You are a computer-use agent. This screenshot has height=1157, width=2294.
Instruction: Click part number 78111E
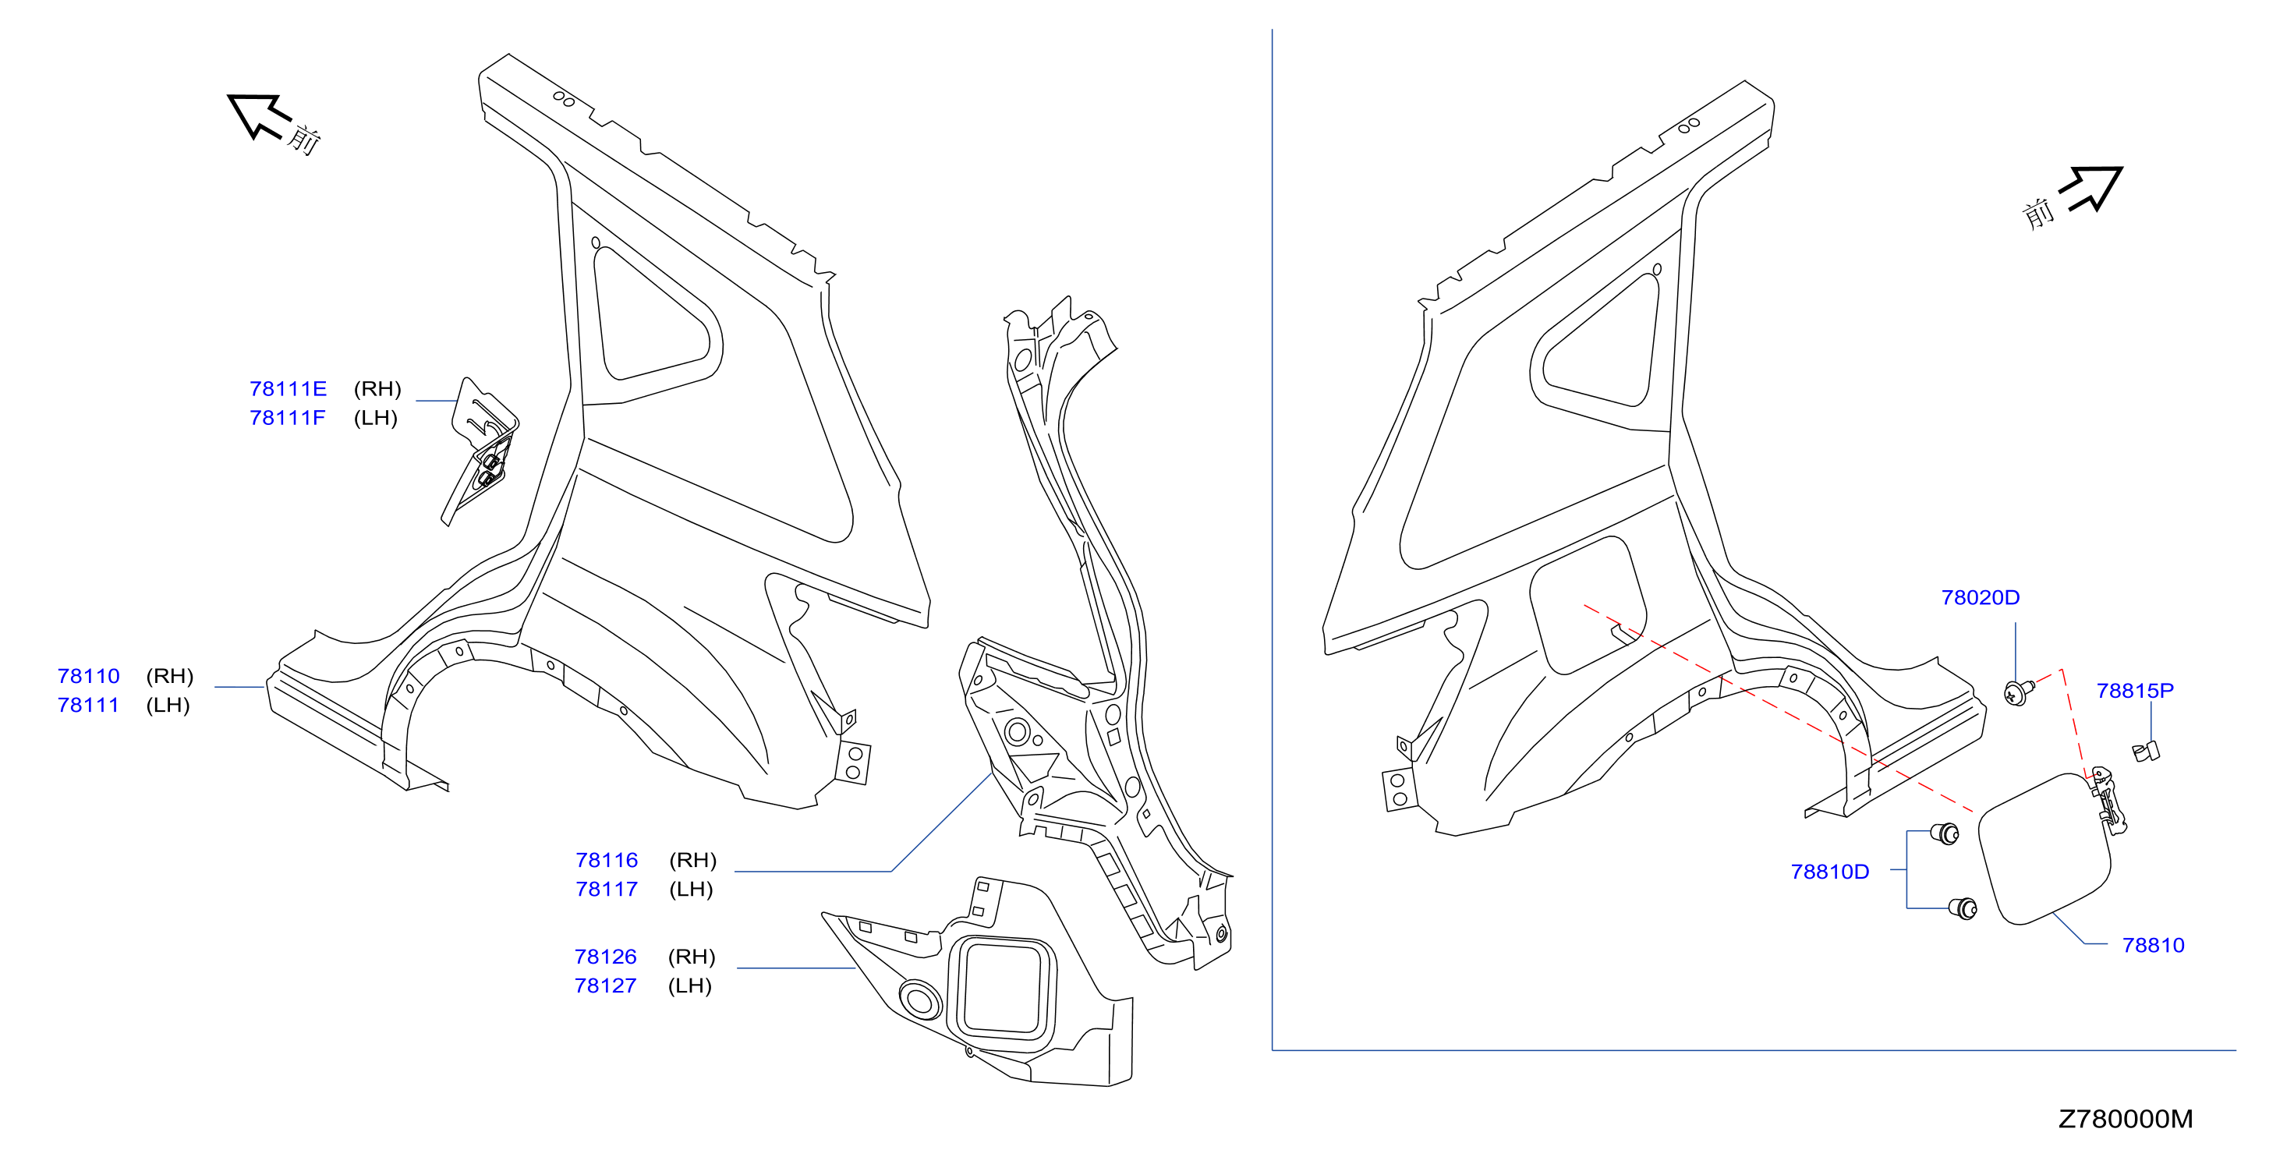pos(288,389)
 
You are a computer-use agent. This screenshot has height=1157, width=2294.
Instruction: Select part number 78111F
pos(288,418)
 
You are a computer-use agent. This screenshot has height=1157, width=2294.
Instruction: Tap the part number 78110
pos(88,676)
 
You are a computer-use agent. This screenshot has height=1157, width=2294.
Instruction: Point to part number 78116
pos(607,861)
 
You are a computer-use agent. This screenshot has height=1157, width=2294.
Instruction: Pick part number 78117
pos(607,889)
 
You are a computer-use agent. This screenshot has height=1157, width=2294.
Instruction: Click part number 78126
pos(606,957)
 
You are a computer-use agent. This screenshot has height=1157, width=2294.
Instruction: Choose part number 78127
pos(606,985)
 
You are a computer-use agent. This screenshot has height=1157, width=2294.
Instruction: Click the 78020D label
pos(1981,598)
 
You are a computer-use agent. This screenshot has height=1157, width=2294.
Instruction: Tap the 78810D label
pos(1830,872)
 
